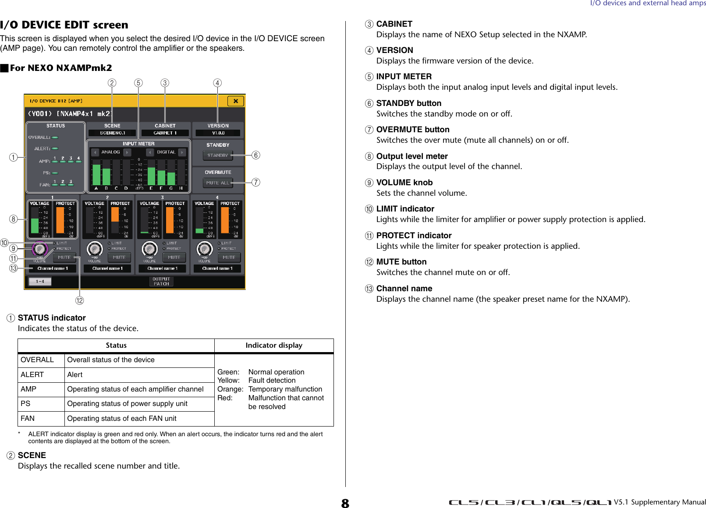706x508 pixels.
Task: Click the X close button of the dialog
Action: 235,101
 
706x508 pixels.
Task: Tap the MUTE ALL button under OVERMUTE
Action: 218,183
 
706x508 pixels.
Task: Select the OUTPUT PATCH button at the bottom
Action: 161,282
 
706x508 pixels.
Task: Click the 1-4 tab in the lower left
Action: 40,282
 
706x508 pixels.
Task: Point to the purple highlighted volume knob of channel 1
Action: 39,249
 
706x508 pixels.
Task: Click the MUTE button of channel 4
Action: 229,258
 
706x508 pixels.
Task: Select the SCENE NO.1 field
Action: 112,133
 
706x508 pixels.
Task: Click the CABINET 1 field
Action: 165,133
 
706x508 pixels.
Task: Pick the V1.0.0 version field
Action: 218,133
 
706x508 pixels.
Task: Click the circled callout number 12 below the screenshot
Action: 79,300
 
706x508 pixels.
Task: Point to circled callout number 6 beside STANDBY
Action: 256,155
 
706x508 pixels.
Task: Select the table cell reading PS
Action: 26,404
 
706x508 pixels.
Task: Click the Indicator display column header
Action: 274,346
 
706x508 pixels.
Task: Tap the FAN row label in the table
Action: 28,419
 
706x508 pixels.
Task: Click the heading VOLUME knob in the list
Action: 404,183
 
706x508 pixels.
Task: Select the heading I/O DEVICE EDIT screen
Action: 64,25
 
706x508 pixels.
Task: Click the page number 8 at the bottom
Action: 345,503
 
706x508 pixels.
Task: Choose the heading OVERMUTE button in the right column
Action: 412,130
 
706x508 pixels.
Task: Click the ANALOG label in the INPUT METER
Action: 110,152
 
